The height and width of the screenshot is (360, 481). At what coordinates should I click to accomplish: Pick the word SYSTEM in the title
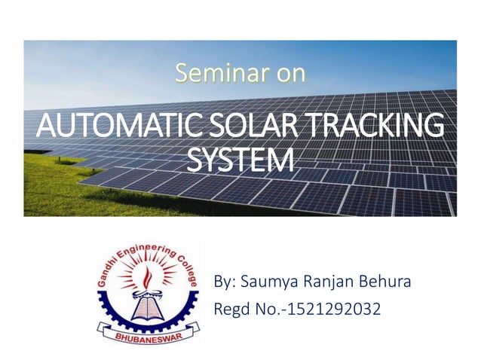click(240, 160)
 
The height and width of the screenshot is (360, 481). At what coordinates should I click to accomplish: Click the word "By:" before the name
click(225, 283)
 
